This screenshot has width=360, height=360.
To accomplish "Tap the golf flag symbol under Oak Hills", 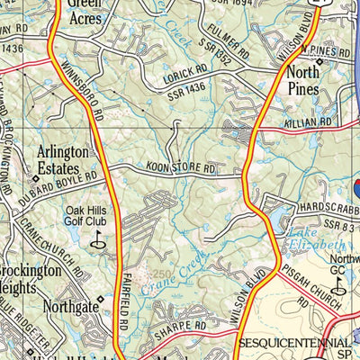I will tap(98, 240).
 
